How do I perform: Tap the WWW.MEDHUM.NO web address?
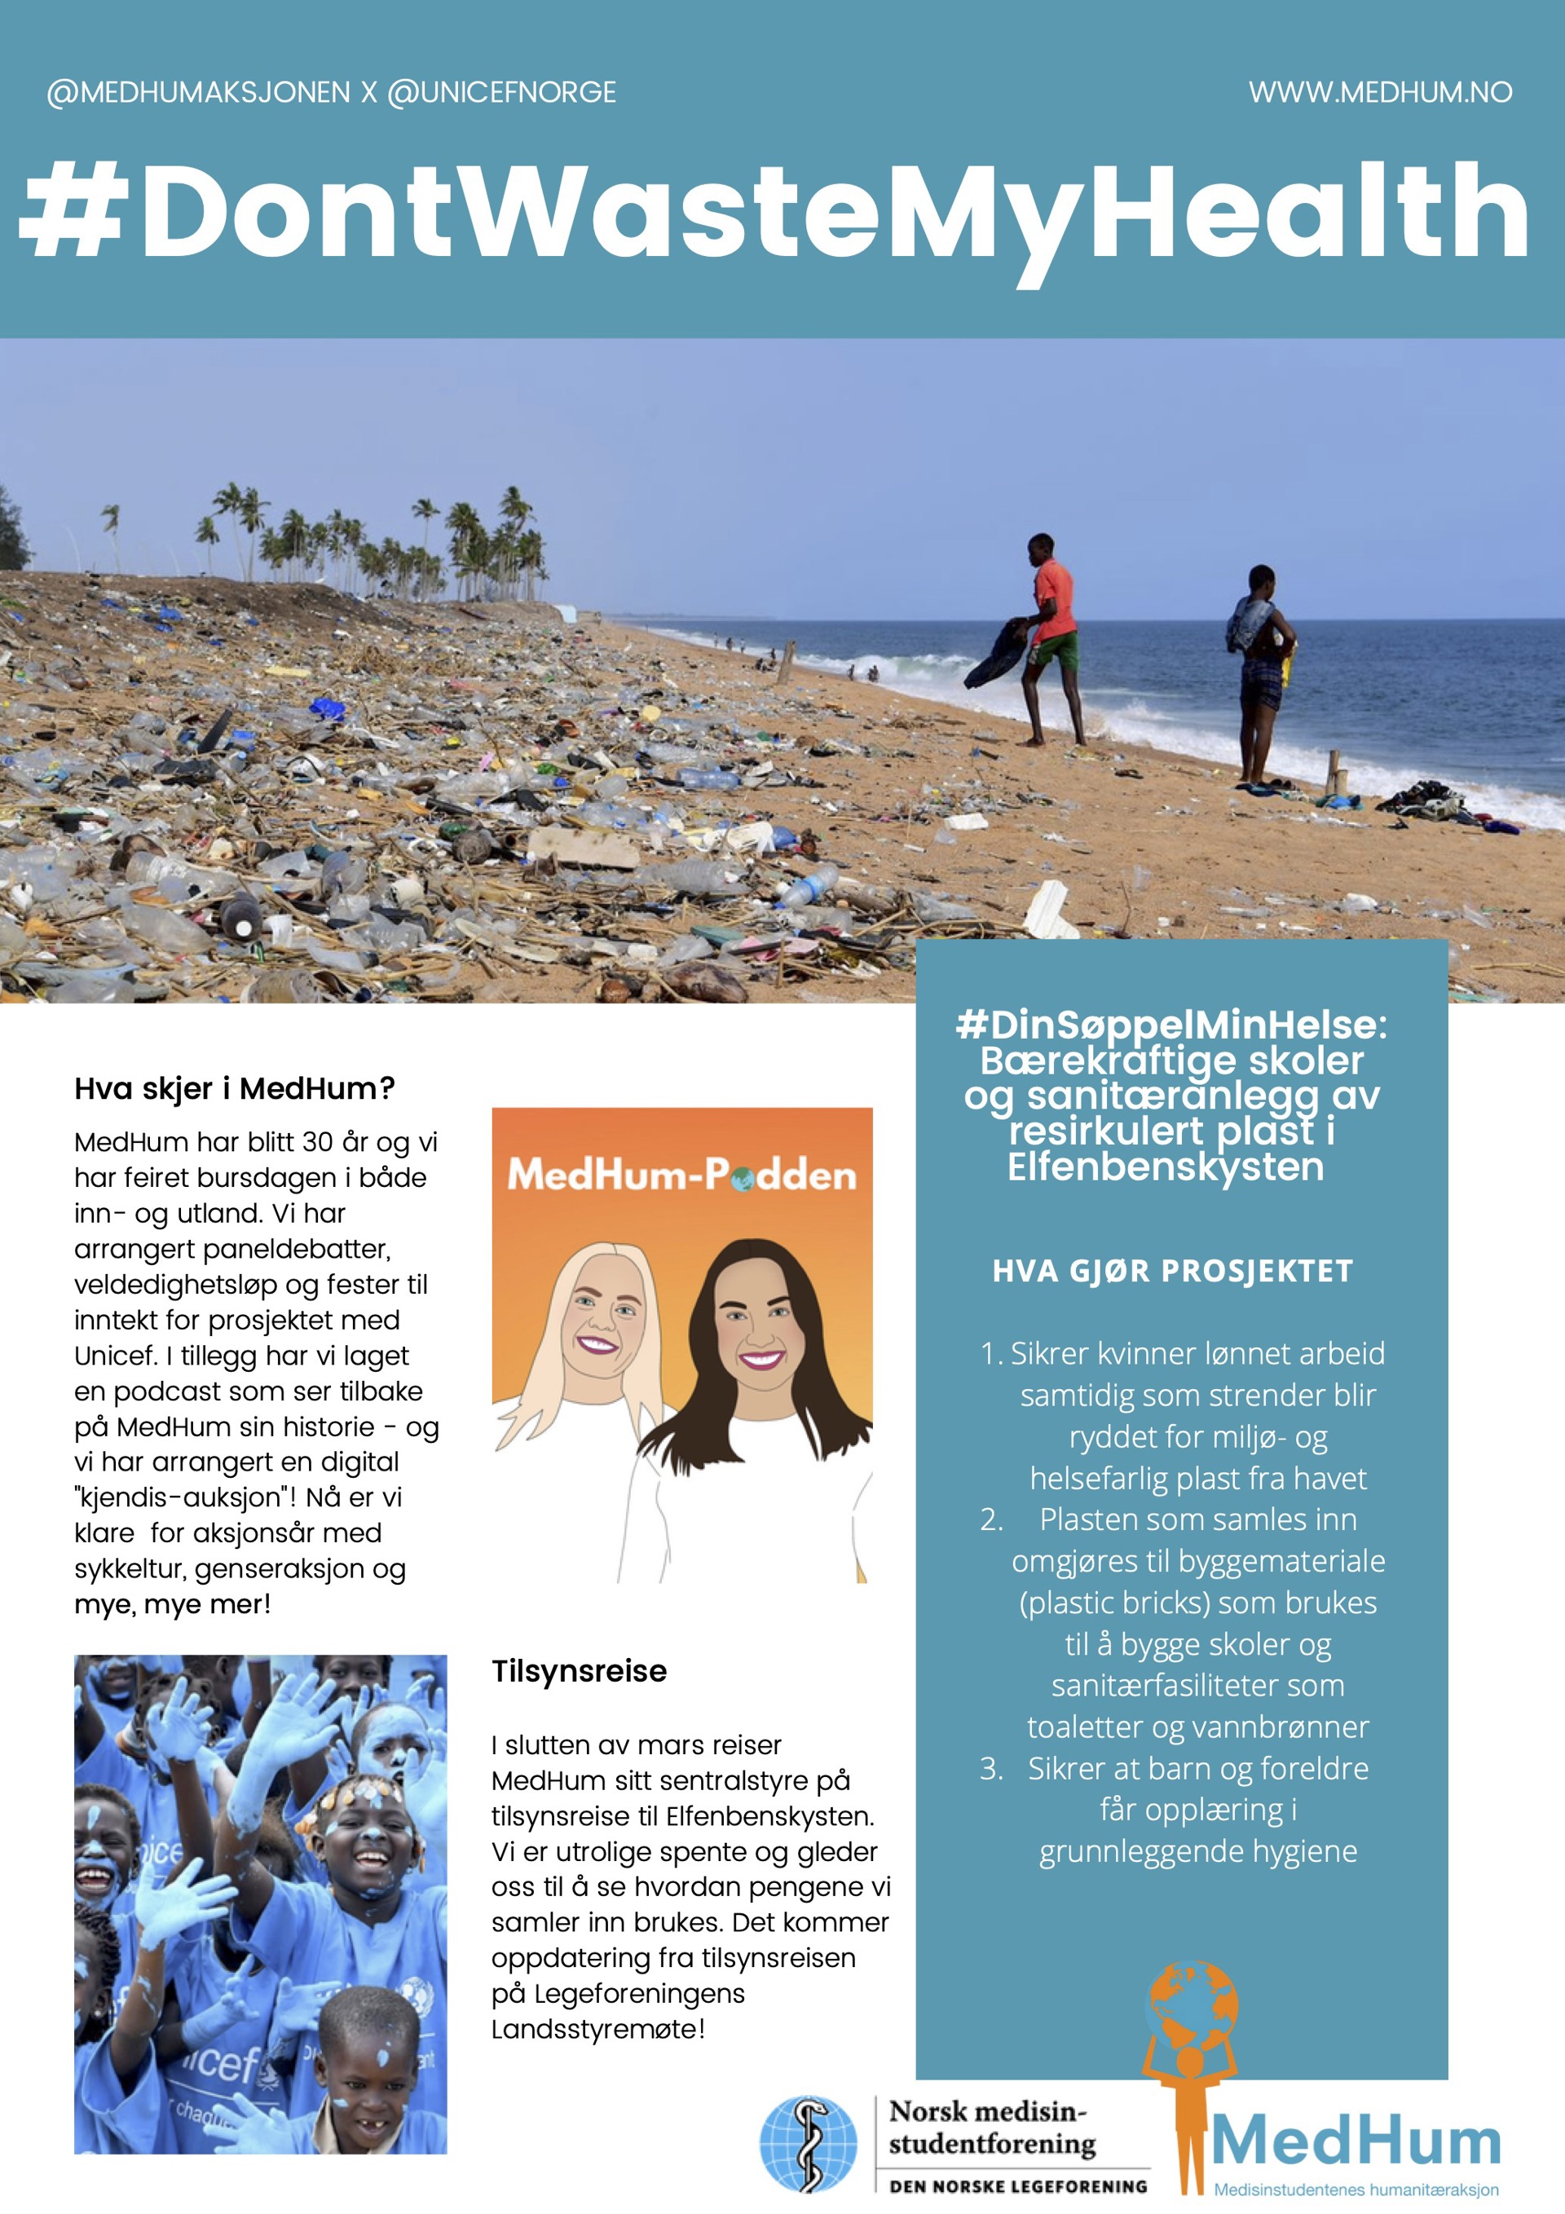[x=1380, y=93]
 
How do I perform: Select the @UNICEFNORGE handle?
[x=501, y=93]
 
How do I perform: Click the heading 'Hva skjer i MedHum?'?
[x=234, y=1089]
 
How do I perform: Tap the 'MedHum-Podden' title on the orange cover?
[x=681, y=1175]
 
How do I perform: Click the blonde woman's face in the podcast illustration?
[x=597, y=1319]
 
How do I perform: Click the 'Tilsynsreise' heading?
[x=579, y=1671]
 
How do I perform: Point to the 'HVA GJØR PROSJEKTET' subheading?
[x=1173, y=1271]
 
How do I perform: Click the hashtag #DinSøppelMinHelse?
[x=1170, y=1024]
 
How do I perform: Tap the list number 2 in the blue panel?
[x=991, y=1519]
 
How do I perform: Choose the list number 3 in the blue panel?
[x=991, y=1768]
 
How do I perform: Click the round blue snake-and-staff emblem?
[x=807, y=2145]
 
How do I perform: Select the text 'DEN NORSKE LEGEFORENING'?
[x=1018, y=2186]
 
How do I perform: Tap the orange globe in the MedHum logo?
[x=1191, y=2005]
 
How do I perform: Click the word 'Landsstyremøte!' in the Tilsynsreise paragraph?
[x=597, y=2029]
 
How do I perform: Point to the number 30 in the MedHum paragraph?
[x=317, y=1143]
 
